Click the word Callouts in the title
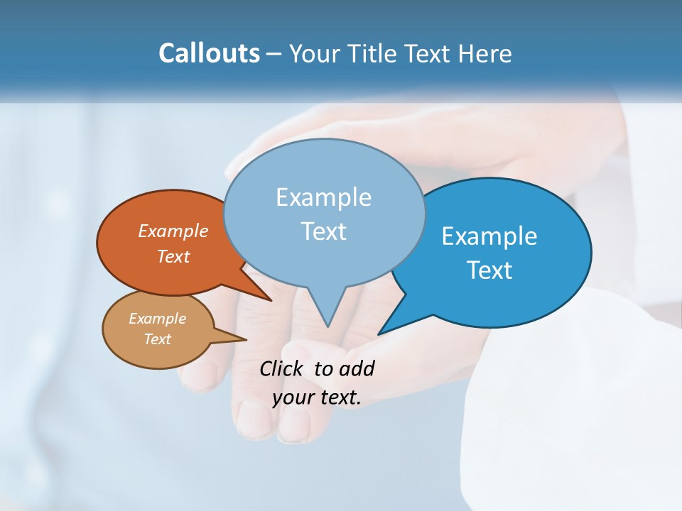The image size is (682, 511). pyautogui.click(x=209, y=53)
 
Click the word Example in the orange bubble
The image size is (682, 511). pyautogui.click(x=173, y=231)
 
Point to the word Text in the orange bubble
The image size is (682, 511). pyautogui.click(x=173, y=256)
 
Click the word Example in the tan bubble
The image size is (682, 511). pyautogui.click(x=157, y=319)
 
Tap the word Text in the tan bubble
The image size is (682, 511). pyautogui.click(x=157, y=339)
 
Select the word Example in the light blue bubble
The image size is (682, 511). pyautogui.click(x=323, y=197)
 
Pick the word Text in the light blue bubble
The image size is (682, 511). pyautogui.click(x=323, y=231)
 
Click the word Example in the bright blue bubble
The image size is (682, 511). pyautogui.click(x=489, y=236)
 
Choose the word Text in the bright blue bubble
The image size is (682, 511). pyautogui.click(x=489, y=270)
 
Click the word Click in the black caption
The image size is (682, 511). pyautogui.click(x=282, y=369)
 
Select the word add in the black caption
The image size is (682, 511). pyautogui.click(x=356, y=369)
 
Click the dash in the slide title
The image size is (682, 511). pyautogui.click(x=275, y=54)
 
